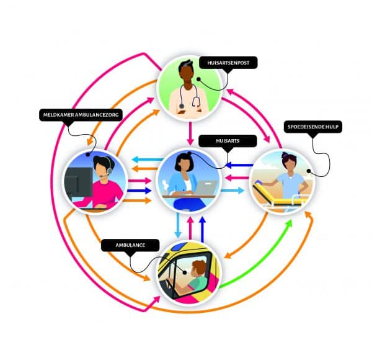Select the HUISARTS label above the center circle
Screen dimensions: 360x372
click(220, 142)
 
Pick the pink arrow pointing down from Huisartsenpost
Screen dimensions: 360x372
click(190, 135)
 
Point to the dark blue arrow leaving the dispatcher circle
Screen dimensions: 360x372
click(140, 190)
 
